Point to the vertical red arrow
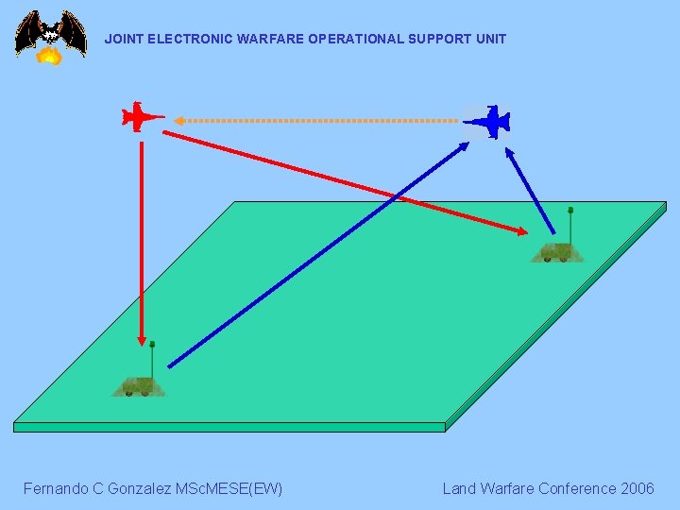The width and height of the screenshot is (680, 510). pyautogui.click(x=142, y=236)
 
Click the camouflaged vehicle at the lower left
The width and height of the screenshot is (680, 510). pyautogui.click(x=139, y=385)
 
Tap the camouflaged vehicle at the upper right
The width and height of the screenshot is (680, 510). pyautogui.click(x=557, y=252)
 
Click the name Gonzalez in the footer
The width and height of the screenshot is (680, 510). pyautogui.click(x=146, y=488)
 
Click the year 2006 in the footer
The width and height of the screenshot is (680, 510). pyautogui.click(x=637, y=488)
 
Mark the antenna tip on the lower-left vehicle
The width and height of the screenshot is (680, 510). pyautogui.click(x=152, y=344)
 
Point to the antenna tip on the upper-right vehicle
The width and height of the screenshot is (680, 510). pyautogui.click(x=570, y=210)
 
